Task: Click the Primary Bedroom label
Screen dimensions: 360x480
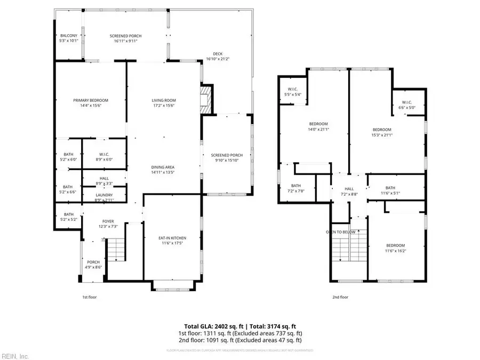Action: coord(91,100)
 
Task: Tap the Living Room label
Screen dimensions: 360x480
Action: coord(164,100)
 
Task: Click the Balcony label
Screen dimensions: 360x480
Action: coord(69,36)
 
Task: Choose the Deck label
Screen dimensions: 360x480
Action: coord(217,53)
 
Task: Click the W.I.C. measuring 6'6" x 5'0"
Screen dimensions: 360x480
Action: coord(406,102)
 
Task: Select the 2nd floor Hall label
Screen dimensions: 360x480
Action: coord(349,189)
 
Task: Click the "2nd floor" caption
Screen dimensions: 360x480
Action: coord(340,297)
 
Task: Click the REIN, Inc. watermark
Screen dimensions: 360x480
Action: coord(15,356)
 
